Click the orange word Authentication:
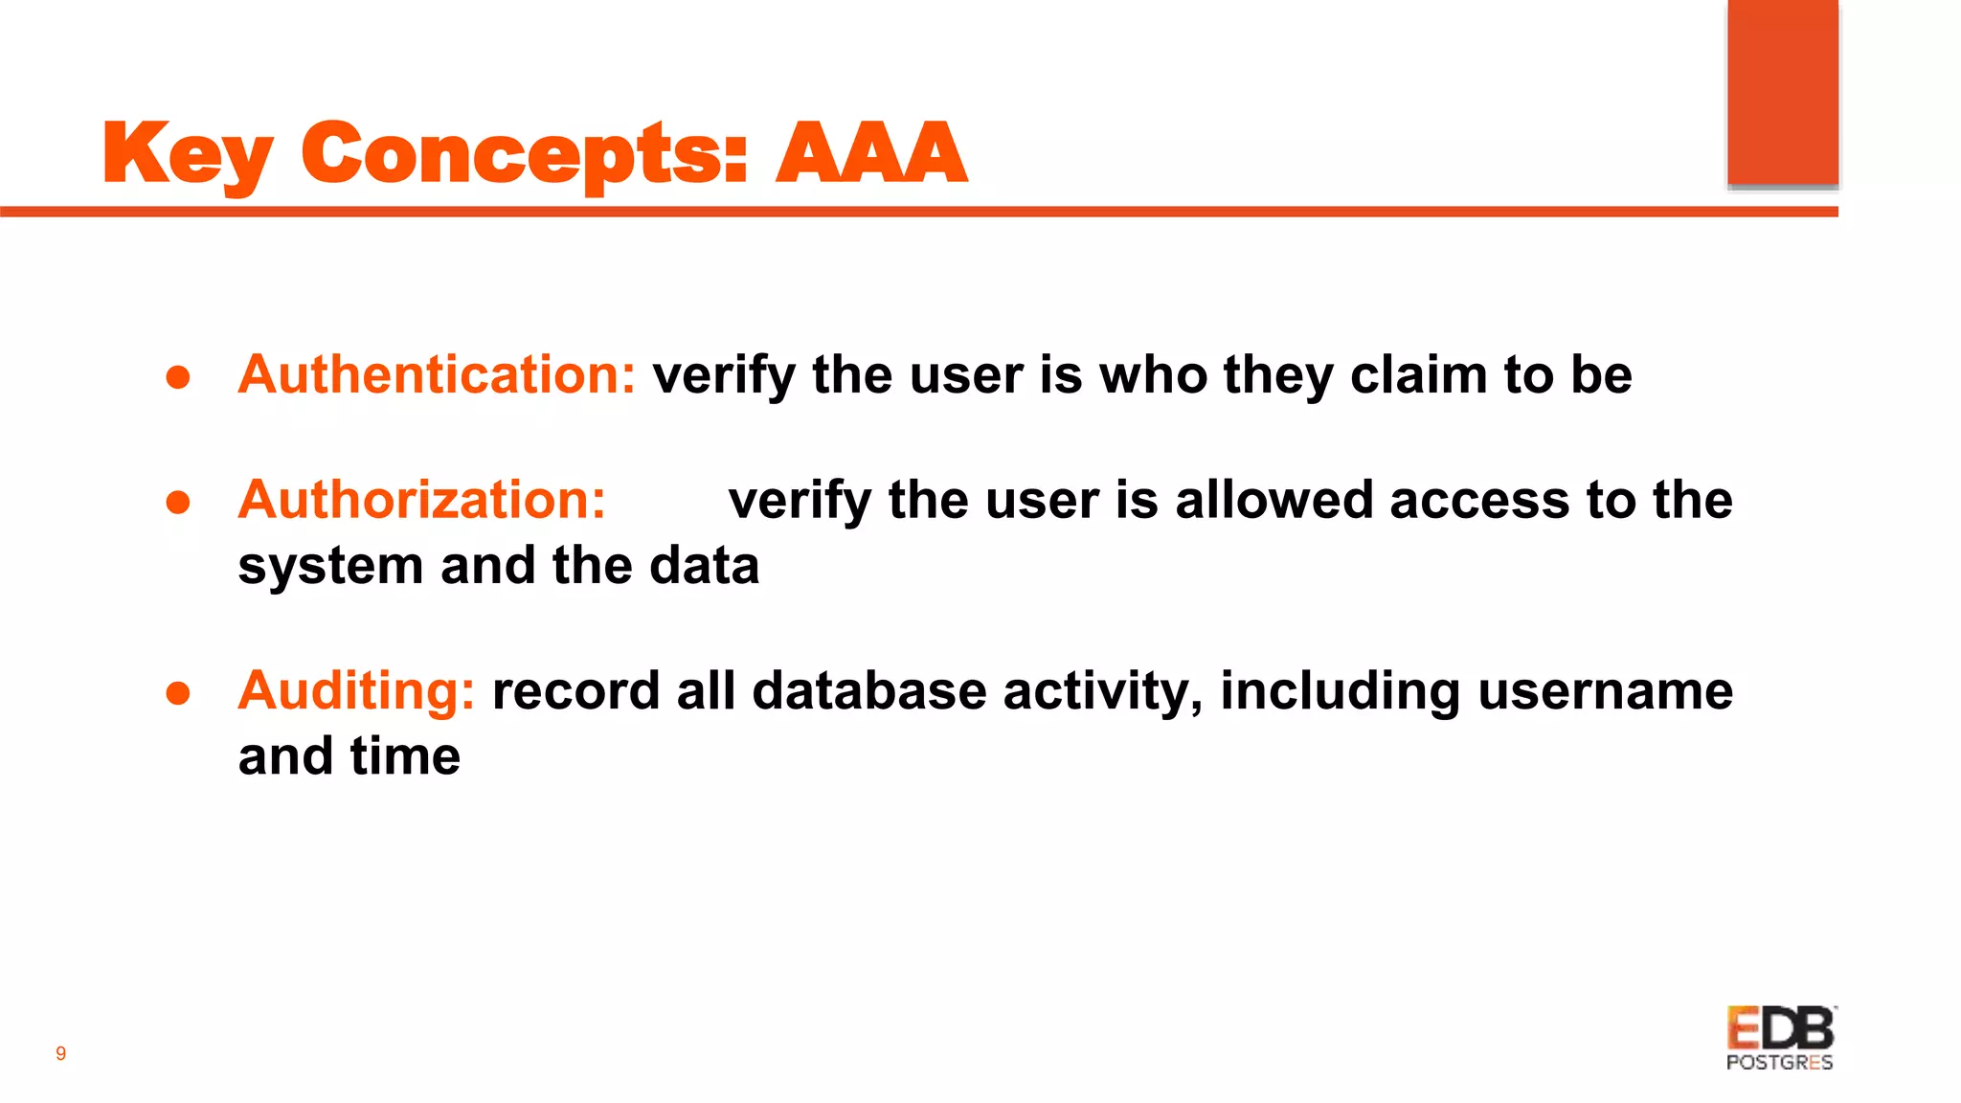click(x=437, y=374)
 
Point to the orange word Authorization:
click(x=421, y=500)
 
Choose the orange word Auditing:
click(x=356, y=690)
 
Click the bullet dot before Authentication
click(x=178, y=377)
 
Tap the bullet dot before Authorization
click(x=178, y=503)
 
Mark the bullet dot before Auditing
click(x=178, y=693)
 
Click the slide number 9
click(x=60, y=1054)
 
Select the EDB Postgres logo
click(x=1780, y=1038)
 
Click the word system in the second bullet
click(x=330, y=566)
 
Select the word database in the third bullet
click(x=868, y=690)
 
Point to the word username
click(x=1605, y=690)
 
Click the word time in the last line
click(x=405, y=756)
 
